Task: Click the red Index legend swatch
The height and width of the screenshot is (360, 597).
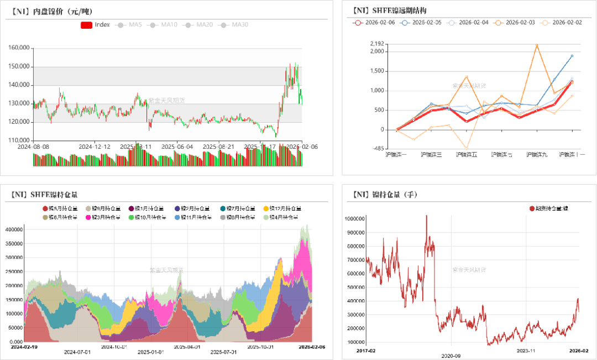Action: [86, 25]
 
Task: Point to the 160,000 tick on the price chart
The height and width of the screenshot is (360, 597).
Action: [19, 48]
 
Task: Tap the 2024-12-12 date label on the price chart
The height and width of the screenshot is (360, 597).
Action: [95, 147]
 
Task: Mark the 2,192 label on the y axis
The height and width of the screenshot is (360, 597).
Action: [377, 44]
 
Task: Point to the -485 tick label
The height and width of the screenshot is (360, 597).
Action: [378, 149]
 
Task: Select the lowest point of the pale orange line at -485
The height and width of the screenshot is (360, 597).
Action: [467, 149]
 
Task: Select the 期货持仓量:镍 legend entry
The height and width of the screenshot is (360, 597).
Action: [552, 208]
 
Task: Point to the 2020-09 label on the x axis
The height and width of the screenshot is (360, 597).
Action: [451, 356]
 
